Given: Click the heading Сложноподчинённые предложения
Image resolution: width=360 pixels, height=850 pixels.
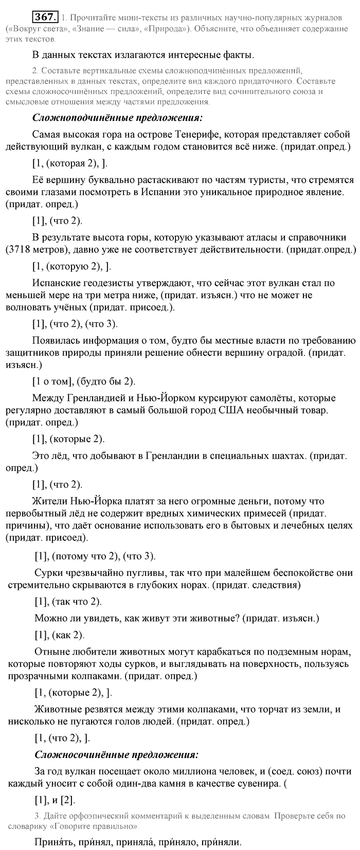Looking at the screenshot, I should pos(117,118).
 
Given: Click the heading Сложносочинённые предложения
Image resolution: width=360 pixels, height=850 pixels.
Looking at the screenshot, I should pos(116,755).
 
